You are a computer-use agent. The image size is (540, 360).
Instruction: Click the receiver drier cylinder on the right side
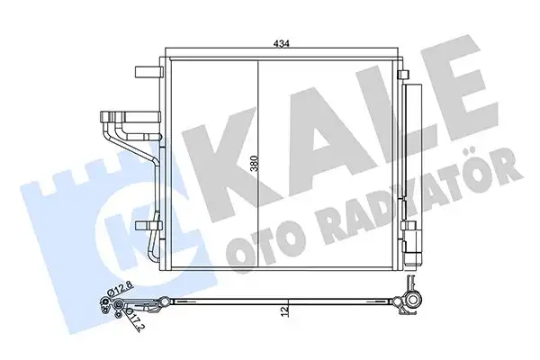[416, 162]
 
